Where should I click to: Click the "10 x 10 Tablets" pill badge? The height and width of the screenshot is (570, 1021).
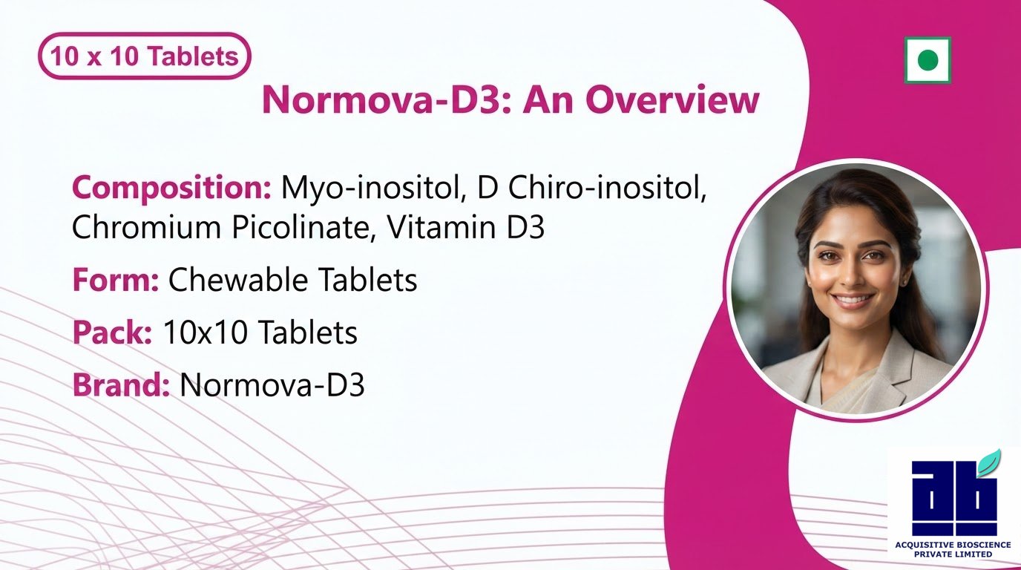[145, 56]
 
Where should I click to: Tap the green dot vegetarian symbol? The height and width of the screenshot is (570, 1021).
[928, 60]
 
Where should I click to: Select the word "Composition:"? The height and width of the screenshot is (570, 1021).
[172, 188]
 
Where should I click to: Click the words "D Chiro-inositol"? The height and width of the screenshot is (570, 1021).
[591, 188]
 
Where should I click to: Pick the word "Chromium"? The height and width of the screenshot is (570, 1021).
[146, 226]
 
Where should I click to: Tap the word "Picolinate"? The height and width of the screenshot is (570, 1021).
[300, 226]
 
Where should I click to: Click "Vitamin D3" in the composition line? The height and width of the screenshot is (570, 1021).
[465, 226]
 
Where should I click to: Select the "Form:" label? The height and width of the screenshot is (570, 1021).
[116, 279]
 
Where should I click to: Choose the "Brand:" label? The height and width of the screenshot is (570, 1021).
[121, 384]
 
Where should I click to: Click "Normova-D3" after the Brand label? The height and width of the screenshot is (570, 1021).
[272, 384]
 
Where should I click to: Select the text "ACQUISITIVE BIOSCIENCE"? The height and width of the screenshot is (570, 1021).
[953, 545]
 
